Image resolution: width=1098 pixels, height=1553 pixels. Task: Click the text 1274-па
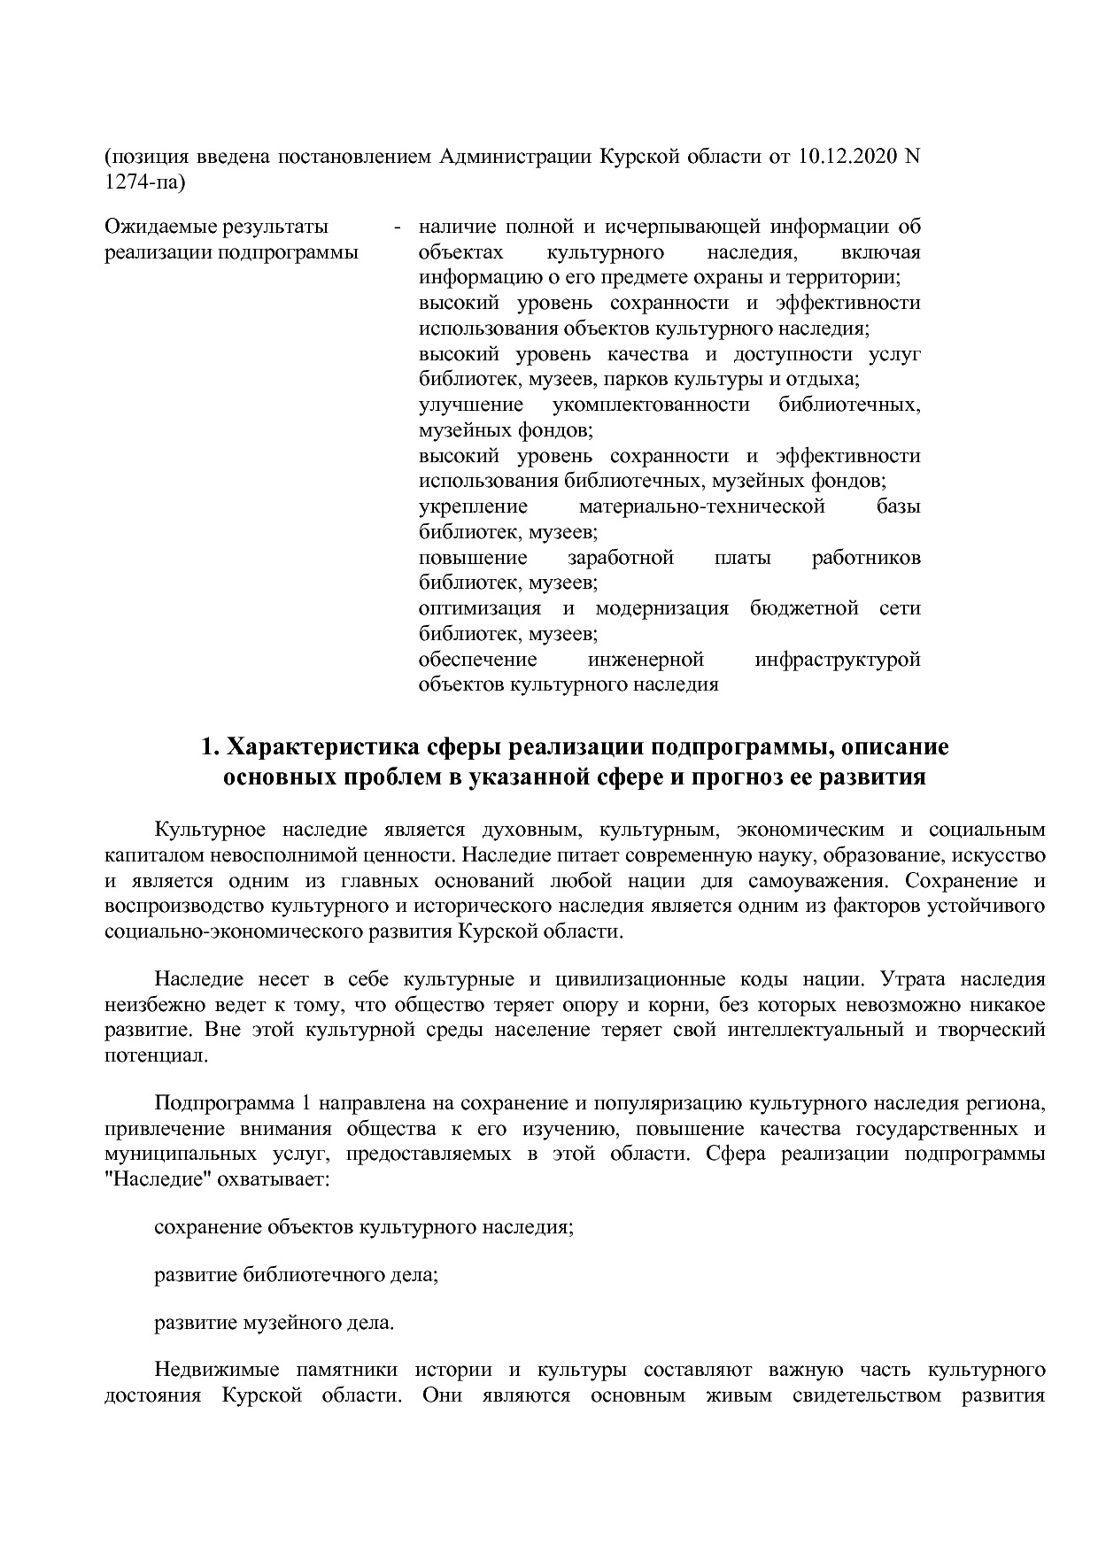[145, 183]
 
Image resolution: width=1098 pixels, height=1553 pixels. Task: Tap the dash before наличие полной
[398, 228]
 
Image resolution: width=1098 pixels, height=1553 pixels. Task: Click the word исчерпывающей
[650, 228]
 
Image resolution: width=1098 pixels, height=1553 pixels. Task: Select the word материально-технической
[701, 507]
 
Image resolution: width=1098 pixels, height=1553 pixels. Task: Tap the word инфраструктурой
[837, 661]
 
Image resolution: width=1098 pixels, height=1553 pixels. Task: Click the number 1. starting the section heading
[210, 747]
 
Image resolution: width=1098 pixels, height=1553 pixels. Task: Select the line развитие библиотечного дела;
[297, 1276]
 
